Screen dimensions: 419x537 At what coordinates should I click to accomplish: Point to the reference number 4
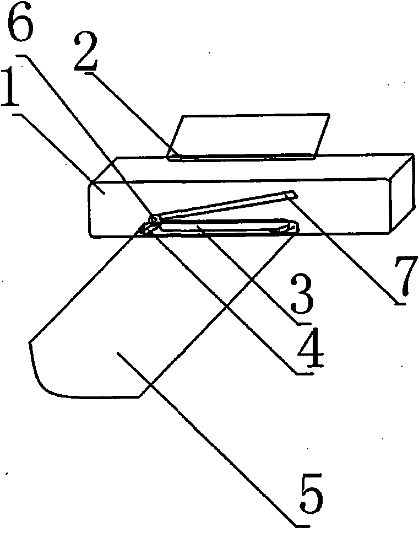[308, 352]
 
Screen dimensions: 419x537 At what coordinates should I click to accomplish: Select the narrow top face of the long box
[253, 168]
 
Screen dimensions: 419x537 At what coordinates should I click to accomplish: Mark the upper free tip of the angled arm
[291, 193]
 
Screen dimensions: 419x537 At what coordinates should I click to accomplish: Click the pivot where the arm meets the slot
[155, 220]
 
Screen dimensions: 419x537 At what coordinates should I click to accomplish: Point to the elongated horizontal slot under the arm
[220, 227]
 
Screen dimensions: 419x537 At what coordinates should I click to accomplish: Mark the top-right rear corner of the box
[413, 156]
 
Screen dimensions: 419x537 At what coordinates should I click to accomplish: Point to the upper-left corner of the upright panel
[182, 117]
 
